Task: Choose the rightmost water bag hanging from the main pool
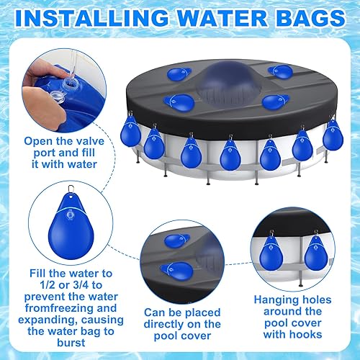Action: click(332, 135)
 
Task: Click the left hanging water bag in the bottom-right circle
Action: click(276, 253)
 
